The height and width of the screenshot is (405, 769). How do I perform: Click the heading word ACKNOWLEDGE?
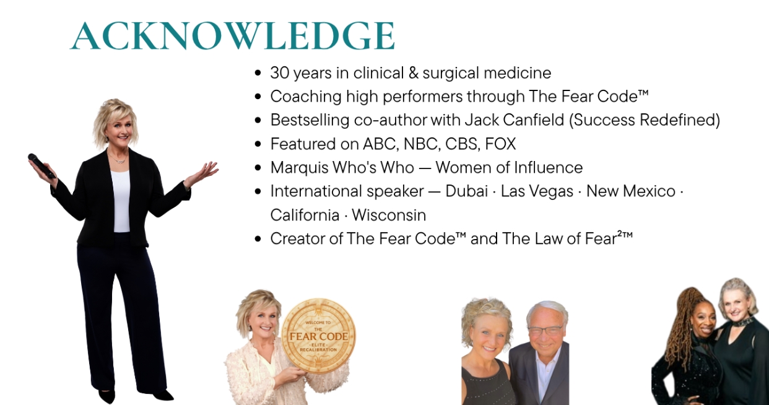click(233, 36)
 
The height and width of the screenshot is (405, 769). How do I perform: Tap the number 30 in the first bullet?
click(279, 73)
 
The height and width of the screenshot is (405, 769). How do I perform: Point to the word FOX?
click(500, 144)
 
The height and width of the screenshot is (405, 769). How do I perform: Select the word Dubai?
click(467, 191)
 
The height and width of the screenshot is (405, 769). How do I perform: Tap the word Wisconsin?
click(389, 216)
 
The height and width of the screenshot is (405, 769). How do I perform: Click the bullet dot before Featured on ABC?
click(258, 144)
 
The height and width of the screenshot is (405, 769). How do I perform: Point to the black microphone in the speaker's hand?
click(41, 166)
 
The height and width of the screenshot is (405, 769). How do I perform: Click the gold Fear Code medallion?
click(319, 336)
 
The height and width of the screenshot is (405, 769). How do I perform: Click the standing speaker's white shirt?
click(121, 201)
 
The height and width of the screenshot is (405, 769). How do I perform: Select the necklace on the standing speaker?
click(118, 159)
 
